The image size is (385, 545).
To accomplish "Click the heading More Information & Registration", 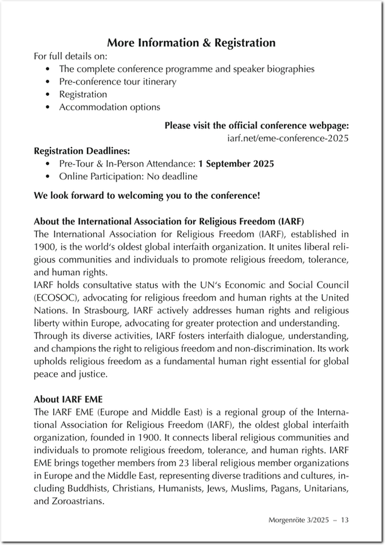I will [x=191, y=43].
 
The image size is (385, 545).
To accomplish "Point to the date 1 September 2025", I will [x=236, y=164].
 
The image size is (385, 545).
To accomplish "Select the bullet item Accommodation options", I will [x=109, y=107].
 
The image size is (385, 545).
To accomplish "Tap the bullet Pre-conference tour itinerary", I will [x=117, y=81].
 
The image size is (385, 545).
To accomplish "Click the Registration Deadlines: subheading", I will [x=82, y=151].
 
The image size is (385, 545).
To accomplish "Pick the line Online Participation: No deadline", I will [x=128, y=176].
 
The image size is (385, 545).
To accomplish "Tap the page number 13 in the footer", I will [x=344, y=520].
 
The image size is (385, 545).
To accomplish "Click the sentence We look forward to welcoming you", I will [x=147, y=195].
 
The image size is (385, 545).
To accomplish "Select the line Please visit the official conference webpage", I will [x=256, y=125].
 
